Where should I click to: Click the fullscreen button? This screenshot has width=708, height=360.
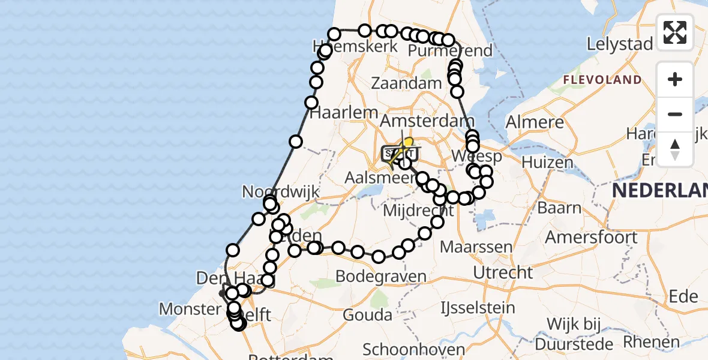pyautogui.click(x=675, y=32)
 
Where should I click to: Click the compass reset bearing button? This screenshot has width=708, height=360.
pyautogui.click(x=675, y=149)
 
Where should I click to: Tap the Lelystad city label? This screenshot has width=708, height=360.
pyautogui.click(x=620, y=44)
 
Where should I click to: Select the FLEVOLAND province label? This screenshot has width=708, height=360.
pyautogui.click(x=602, y=80)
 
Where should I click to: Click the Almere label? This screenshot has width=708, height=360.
pyautogui.click(x=535, y=122)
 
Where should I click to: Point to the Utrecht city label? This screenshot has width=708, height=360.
pyautogui.click(x=503, y=273)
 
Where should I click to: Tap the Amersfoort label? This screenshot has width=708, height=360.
pyautogui.click(x=591, y=237)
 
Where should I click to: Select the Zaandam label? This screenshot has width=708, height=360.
pyautogui.click(x=406, y=83)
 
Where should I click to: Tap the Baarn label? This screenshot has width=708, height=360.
pyautogui.click(x=560, y=208)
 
